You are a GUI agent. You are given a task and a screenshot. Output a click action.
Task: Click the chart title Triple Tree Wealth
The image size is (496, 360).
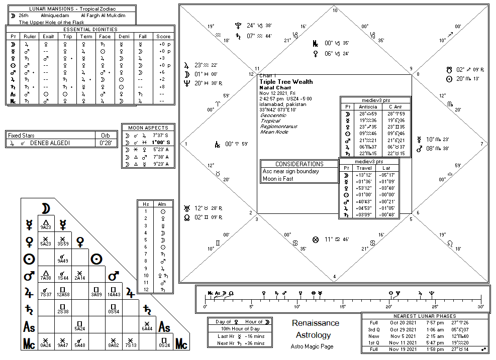[286, 82]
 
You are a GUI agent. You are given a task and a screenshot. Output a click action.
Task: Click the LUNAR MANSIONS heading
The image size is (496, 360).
[68, 9]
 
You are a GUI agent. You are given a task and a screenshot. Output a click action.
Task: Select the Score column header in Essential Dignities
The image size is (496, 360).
[164, 36]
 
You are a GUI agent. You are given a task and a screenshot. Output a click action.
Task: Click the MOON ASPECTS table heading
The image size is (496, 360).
[148, 128]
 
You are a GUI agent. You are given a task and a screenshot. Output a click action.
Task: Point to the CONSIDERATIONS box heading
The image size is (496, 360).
[300, 164]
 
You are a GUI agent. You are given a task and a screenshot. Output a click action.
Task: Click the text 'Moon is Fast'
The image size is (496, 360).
[278, 179]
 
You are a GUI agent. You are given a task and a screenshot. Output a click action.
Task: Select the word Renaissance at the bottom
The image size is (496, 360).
[316, 323]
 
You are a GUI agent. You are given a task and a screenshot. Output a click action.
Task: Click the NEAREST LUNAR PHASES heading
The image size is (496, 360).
[425, 316]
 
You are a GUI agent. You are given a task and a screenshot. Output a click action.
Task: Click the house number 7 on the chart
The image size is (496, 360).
[481, 144]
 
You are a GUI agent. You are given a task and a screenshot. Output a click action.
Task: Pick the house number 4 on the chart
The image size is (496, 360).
[334, 276]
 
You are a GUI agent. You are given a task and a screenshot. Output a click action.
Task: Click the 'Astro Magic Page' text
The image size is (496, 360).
[312, 346]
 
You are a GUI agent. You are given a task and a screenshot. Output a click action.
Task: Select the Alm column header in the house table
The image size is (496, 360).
[162, 204]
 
